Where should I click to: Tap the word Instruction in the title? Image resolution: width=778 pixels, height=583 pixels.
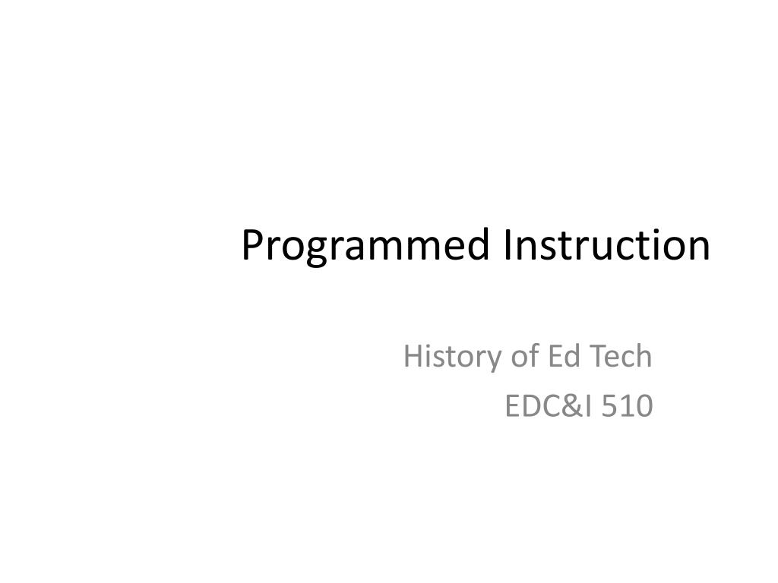point(606,244)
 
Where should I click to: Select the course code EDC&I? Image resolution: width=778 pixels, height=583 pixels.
point(548,408)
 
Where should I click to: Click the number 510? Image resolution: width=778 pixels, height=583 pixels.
point(627,408)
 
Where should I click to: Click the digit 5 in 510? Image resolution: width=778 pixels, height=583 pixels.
point(609,408)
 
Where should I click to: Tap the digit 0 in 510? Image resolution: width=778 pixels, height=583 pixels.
point(644,408)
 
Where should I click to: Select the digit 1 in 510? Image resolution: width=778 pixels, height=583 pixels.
point(627,408)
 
